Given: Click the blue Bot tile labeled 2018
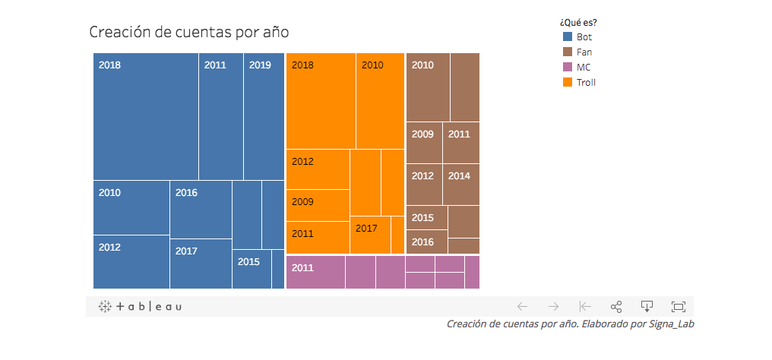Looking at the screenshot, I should coord(146,116).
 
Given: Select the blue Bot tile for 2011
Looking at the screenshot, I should coord(221,116).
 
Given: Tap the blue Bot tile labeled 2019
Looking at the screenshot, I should coord(264,116).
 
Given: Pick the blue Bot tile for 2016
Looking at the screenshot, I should coord(201,210).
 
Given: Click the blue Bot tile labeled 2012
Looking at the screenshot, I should coord(131,262).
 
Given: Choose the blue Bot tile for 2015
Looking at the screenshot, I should coord(252,270).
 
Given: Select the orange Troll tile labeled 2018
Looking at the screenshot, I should coord(321,101).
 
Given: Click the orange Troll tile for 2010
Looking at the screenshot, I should coord(380,101).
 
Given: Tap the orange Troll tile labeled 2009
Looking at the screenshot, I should coord(318,205).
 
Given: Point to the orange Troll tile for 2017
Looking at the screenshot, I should coord(370,235).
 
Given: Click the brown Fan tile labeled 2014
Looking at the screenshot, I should coord(461,185).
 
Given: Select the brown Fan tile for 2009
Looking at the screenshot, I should coord(424,143).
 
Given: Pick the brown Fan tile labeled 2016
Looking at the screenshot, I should coord(426,242).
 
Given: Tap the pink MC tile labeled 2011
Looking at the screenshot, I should coord(315,272).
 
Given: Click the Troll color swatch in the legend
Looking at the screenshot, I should coord(568,82).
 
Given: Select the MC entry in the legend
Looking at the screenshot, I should coord(583,67).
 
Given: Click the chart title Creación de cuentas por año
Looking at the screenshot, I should coord(189,32).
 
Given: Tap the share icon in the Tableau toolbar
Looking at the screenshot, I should coord(616,307).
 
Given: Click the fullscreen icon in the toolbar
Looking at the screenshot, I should coord(679,307).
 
